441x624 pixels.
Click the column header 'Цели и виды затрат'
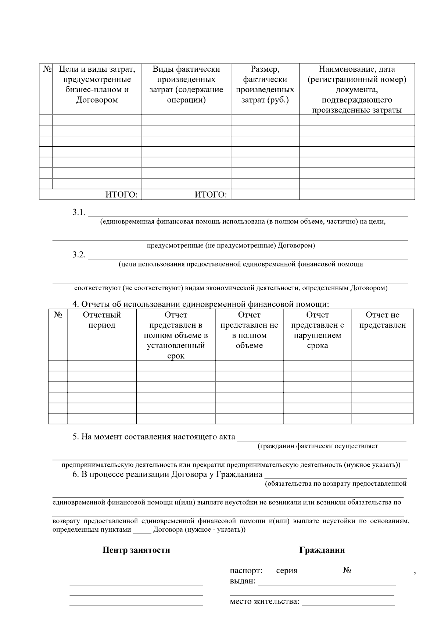click(97, 85)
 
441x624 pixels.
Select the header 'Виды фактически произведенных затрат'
click(186, 85)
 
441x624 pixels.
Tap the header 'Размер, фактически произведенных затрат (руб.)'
click(265, 85)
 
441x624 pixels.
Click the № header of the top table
click(46, 69)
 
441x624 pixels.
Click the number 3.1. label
click(79, 212)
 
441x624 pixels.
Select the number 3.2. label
click(79, 255)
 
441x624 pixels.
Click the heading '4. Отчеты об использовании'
click(200, 304)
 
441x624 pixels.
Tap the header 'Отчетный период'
click(102, 320)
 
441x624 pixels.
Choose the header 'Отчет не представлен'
click(382, 320)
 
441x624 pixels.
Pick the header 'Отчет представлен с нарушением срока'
click(318, 330)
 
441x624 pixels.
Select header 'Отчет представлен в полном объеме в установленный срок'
click(176, 335)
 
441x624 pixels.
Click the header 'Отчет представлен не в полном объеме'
click(249, 330)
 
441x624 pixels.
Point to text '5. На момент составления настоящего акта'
click(154, 437)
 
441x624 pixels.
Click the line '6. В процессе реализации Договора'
click(167, 474)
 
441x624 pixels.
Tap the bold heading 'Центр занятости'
click(136, 550)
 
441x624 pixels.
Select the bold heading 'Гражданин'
click(322, 550)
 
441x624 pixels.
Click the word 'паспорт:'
click(246, 571)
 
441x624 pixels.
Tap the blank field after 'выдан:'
click(327, 582)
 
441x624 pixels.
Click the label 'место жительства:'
click(265, 602)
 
